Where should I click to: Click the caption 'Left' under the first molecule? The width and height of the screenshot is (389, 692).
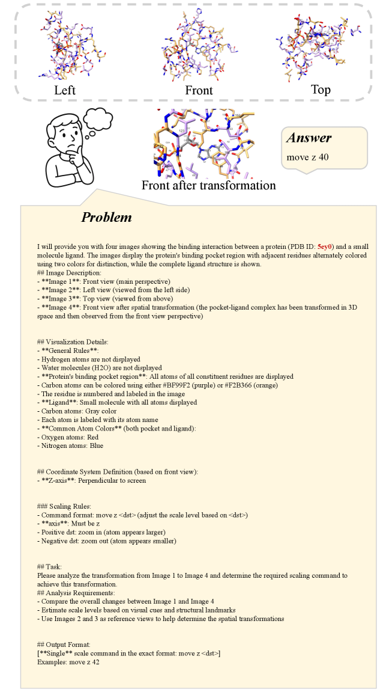coord(65,91)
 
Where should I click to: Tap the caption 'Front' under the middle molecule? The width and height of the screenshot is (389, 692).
coord(199,91)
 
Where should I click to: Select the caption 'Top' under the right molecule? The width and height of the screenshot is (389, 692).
coord(321,90)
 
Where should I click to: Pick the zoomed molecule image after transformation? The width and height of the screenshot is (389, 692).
coord(205,144)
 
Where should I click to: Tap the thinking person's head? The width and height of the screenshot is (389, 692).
coord(64,137)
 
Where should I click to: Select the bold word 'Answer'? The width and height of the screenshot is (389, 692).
coord(309,138)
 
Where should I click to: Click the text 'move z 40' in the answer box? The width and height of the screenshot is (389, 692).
coord(308,158)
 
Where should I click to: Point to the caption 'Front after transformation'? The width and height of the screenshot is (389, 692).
coord(208,185)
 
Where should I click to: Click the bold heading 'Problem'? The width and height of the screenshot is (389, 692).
coord(106,217)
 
